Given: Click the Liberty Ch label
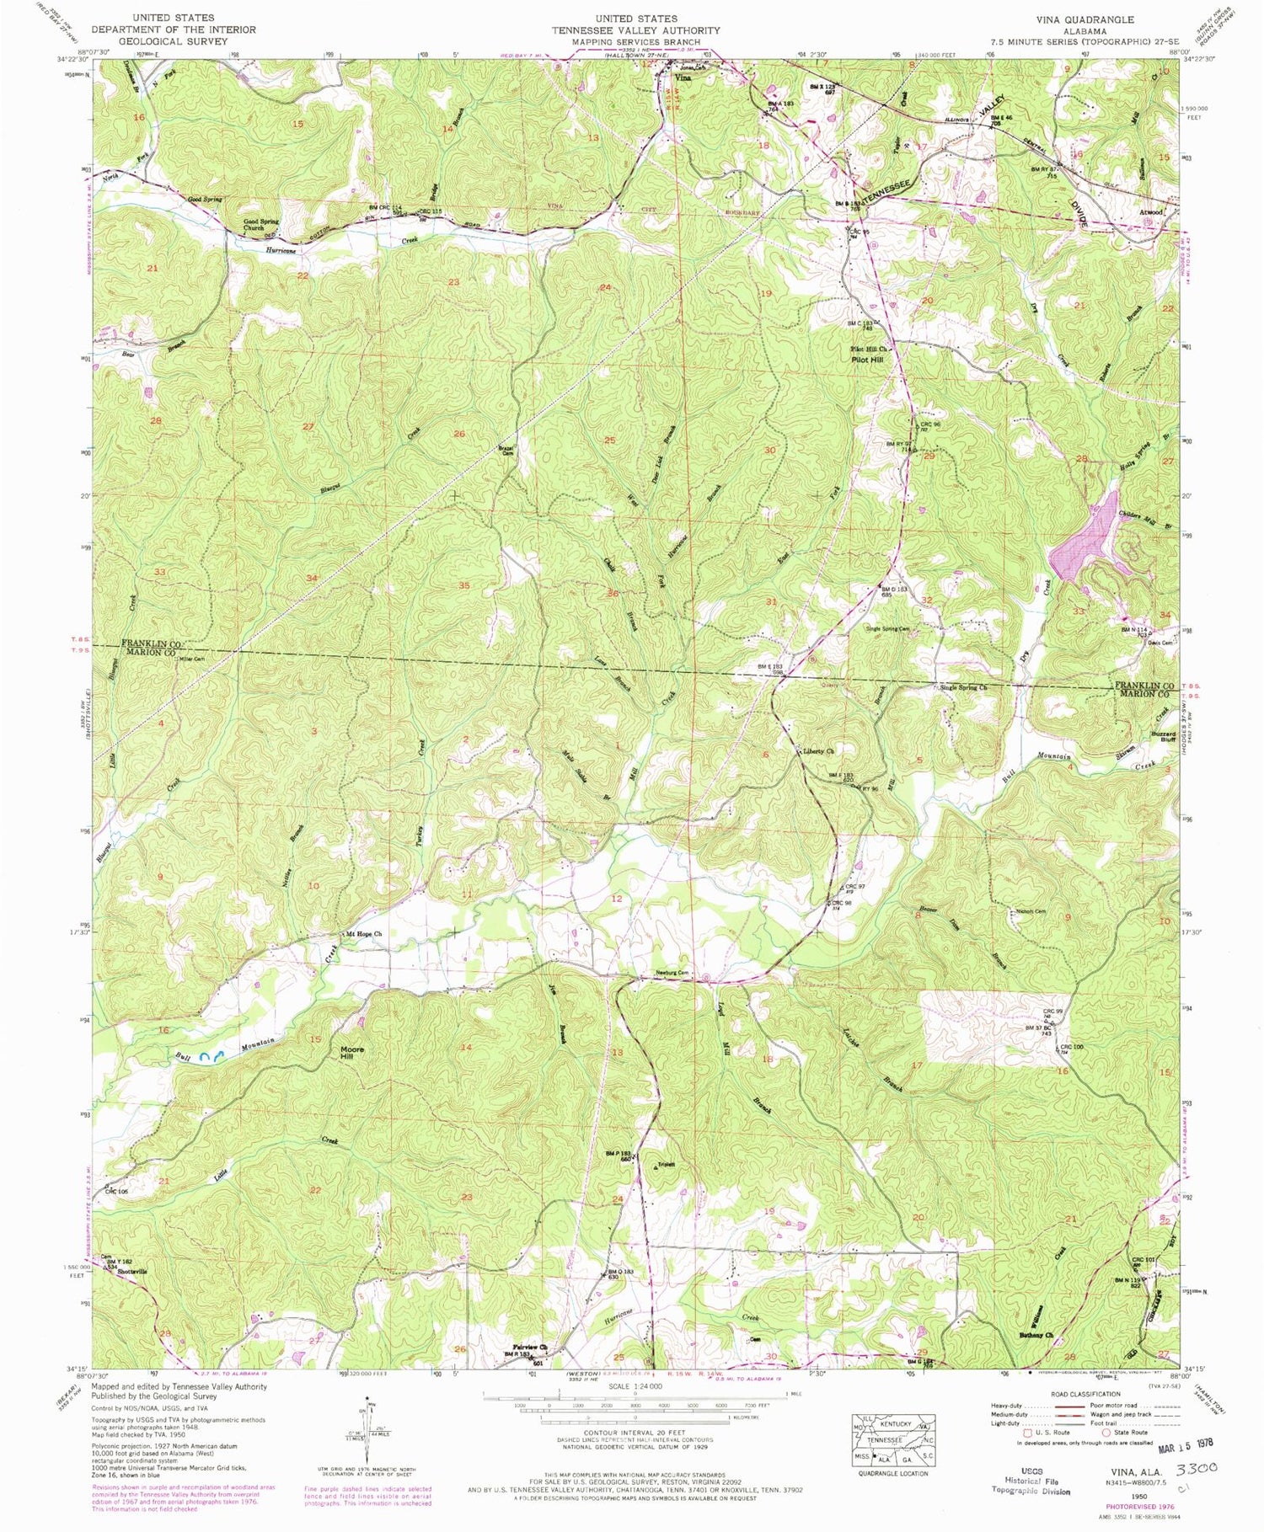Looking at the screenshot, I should tap(817, 750).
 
